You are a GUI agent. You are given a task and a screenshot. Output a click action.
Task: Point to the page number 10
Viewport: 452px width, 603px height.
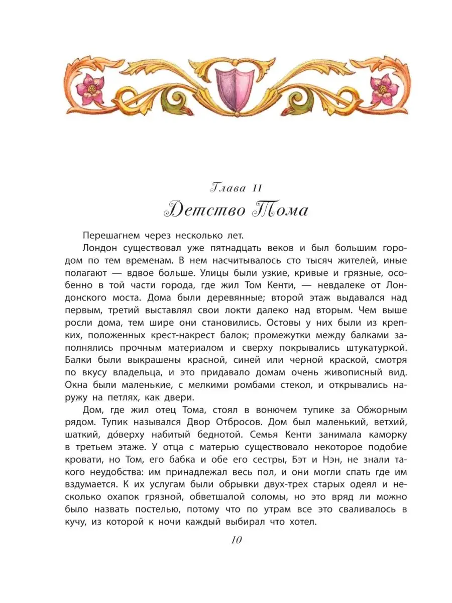237,540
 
